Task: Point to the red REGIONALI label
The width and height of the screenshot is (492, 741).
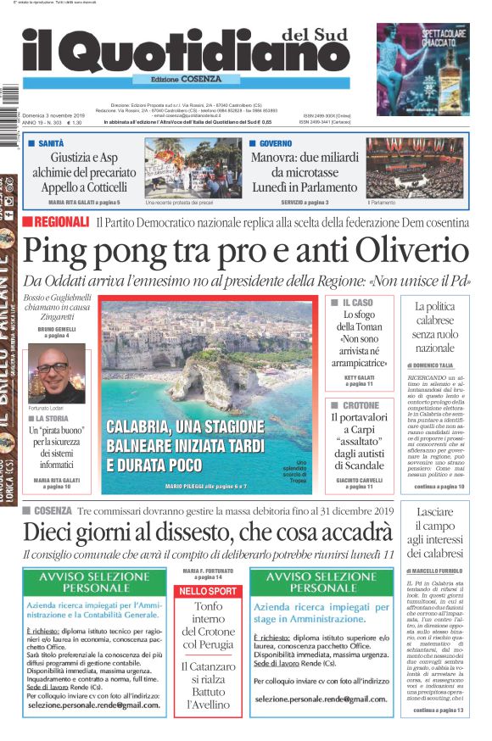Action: click(56, 222)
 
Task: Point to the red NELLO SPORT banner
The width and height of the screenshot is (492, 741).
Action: click(208, 591)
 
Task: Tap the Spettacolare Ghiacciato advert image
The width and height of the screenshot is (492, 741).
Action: click(422, 68)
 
